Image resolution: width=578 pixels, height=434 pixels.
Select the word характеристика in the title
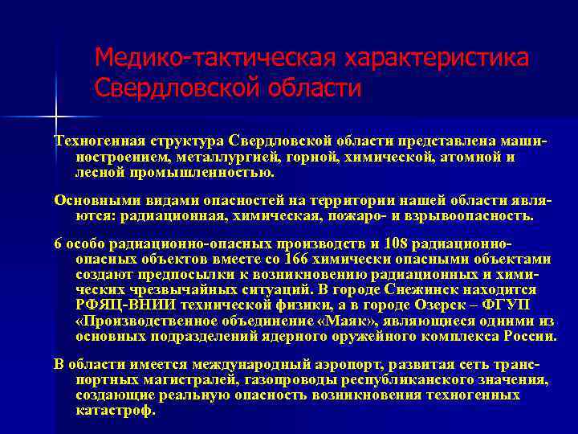437,58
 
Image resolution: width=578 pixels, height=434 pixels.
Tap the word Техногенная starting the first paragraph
96,141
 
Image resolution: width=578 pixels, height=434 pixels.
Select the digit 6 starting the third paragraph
58,244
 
